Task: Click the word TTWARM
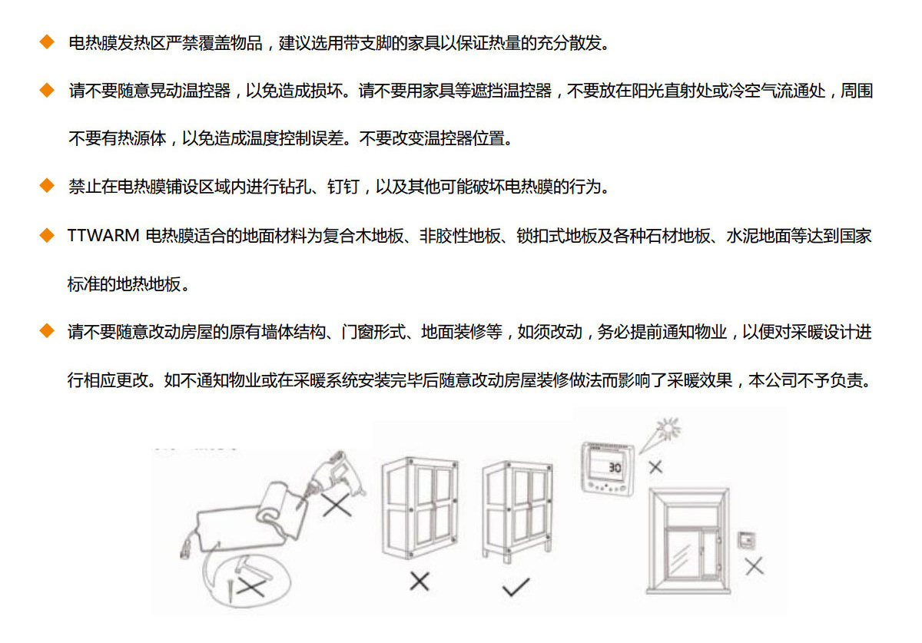pyautogui.click(x=103, y=236)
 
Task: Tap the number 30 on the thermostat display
pyautogui.click(x=615, y=468)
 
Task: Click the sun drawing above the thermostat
pyautogui.click(x=668, y=429)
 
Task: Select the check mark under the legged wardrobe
pyautogui.click(x=516, y=587)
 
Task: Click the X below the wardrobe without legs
pyautogui.click(x=420, y=582)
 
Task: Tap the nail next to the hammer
pyautogui.click(x=231, y=590)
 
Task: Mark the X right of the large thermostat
pyautogui.click(x=655, y=467)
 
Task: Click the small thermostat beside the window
pyautogui.click(x=746, y=540)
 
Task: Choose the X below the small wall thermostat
pyautogui.click(x=754, y=566)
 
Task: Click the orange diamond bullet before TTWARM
pyautogui.click(x=47, y=236)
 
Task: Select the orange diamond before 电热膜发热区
pyautogui.click(x=47, y=42)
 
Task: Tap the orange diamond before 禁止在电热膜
pyautogui.click(x=47, y=186)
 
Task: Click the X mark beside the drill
pyautogui.click(x=337, y=504)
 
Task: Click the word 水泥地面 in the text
pyautogui.click(x=758, y=236)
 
